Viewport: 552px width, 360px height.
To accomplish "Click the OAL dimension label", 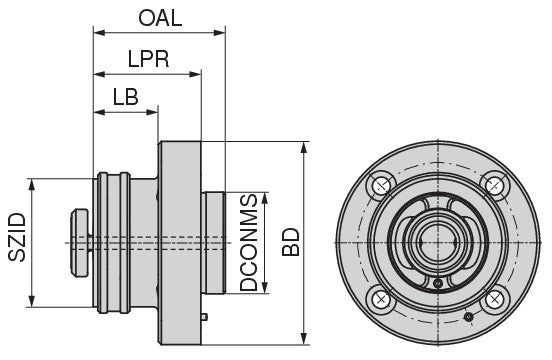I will [160, 16].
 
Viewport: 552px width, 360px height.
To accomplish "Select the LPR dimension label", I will [148, 58].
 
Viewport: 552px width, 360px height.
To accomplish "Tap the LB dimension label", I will [126, 96].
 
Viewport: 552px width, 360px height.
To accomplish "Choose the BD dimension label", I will [291, 242].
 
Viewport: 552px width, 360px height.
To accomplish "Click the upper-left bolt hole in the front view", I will [380, 185].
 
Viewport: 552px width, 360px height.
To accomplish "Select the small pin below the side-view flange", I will [204, 317].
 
